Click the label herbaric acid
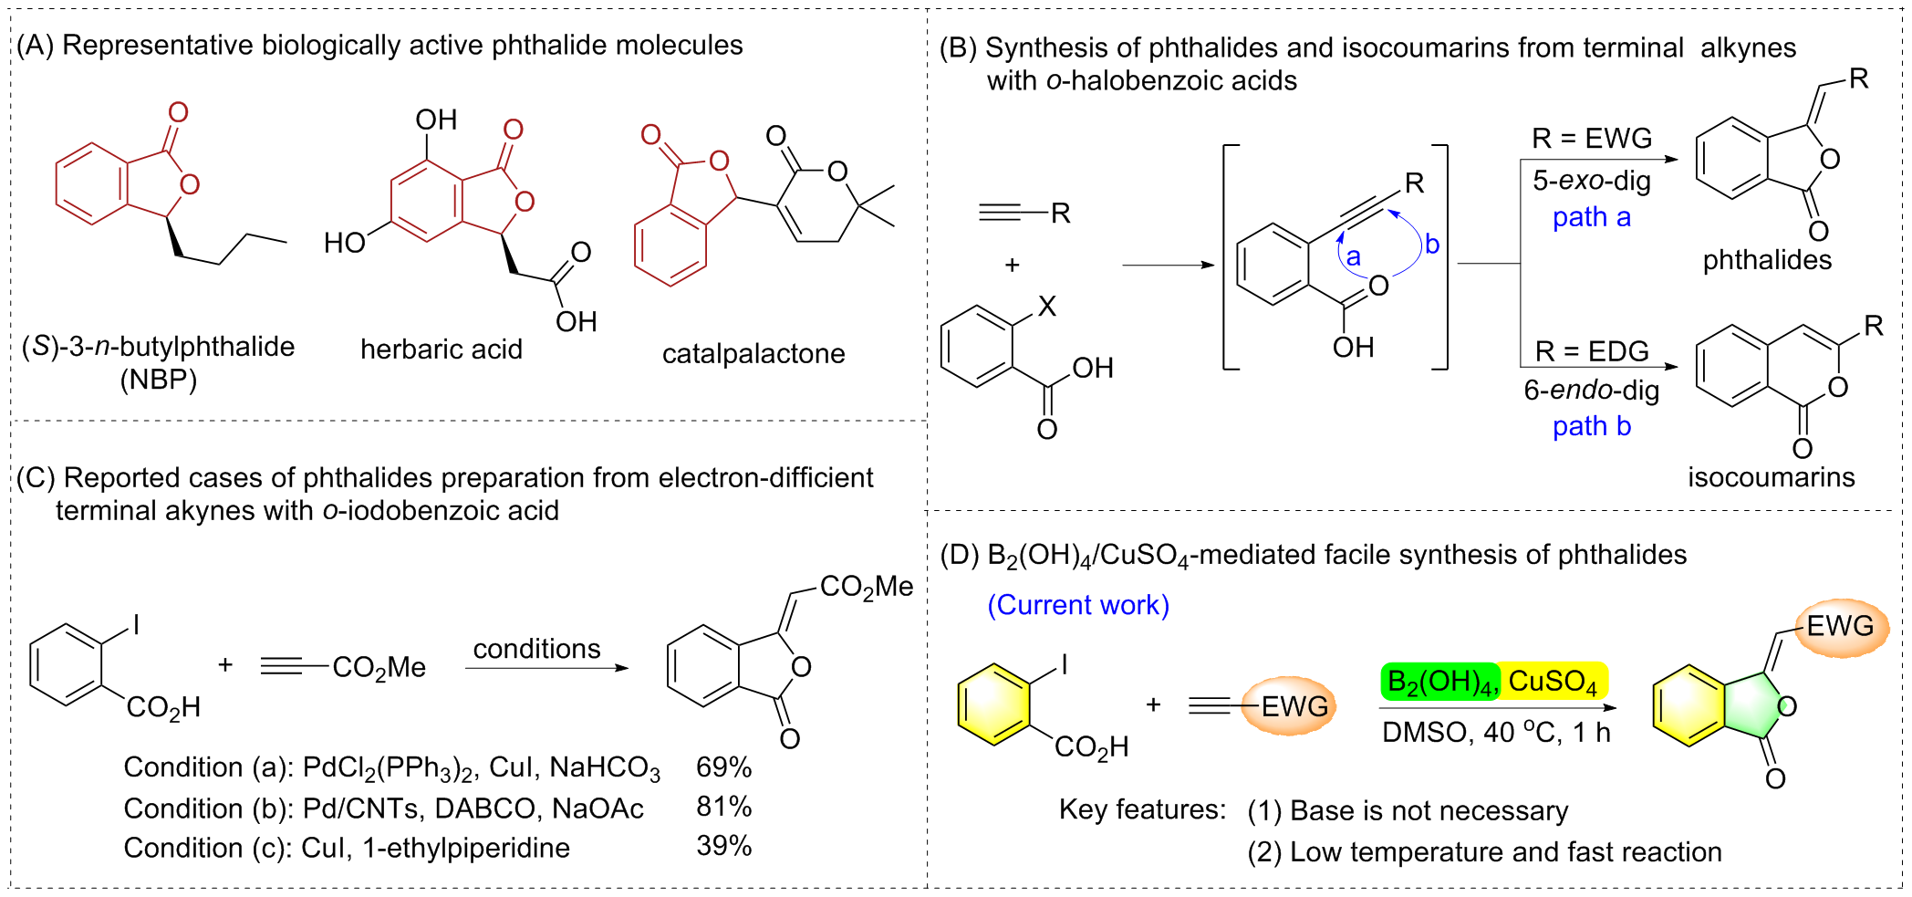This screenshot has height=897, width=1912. pyautogui.click(x=442, y=349)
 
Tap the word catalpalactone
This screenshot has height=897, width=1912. pyautogui.click(x=753, y=354)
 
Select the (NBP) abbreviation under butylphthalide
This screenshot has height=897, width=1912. pyautogui.click(x=159, y=380)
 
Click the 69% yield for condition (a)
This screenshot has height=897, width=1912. pyautogui.click(x=723, y=767)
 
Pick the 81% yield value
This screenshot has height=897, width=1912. pyautogui.click(x=723, y=808)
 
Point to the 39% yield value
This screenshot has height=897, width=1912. pyautogui.click(x=723, y=847)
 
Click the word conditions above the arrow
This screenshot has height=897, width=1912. pyautogui.click(x=536, y=649)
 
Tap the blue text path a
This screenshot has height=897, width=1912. pyautogui.click(x=1591, y=217)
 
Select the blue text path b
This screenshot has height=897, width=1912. pyautogui.click(x=1591, y=426)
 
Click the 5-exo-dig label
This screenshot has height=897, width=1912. pyautogui.click(x=1591, y=181)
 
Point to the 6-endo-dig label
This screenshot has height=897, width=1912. pyautogui.click(x=1591, y=391)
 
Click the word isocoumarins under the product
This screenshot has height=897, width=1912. pyautogui.click(x=1771, y=477)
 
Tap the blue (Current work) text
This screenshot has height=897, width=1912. pyautogui.click(x=1078, y=605)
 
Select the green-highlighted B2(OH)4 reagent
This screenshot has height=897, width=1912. pyautogui.click(x=1439, y=682)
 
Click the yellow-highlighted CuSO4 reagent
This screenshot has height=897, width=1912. pyautogui.click(x=1553, y=682)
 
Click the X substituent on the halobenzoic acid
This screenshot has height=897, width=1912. pyautogui.click(x=1047, y=306)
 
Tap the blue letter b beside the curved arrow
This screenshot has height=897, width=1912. pyautogui.click(x=1432, y=245)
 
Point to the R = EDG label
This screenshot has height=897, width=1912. pyautogui.click(x=1591, y=351)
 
